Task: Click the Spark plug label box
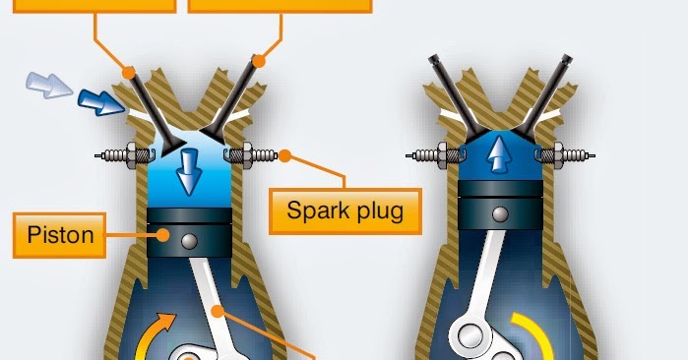pos(344,210)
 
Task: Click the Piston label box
pos(60,235)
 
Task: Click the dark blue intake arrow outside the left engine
pos(96,100)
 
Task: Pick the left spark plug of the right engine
pos(434,154)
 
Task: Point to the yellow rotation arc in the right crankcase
pos(537,335)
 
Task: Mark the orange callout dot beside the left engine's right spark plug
pos(284,154)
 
